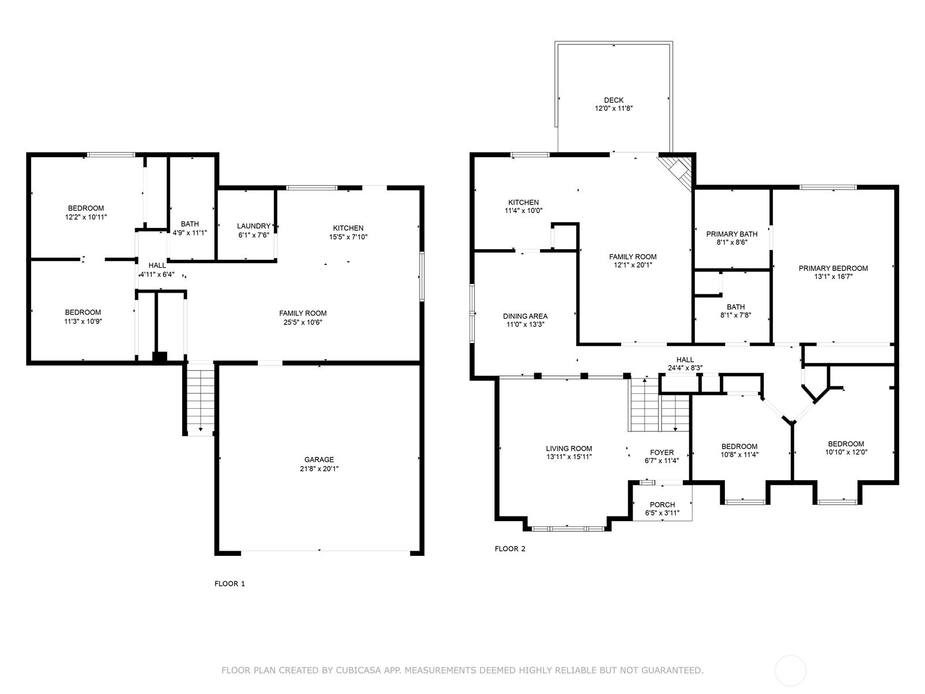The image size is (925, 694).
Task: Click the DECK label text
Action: coord(613,100)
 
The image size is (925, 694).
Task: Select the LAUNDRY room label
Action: coord(253,226)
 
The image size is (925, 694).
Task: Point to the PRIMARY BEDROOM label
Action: coord(833,268)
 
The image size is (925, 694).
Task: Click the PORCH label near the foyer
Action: coord(662,505)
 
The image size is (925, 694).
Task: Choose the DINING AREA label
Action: coord(525,316)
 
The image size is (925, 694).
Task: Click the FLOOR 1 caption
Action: coord(230,584)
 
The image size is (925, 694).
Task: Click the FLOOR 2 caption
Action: coord(510,549)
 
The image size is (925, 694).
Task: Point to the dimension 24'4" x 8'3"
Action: coord(685,368)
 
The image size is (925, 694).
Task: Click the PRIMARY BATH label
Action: coord(731,234)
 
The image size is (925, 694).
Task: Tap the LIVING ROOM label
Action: coord(569,448)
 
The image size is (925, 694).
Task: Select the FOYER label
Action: coord(661,452)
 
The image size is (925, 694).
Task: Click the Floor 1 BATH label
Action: coord(190,224)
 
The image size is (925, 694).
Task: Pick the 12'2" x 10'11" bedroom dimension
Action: coord(86,217)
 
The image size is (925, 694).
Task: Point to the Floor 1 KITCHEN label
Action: coord(348,228)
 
